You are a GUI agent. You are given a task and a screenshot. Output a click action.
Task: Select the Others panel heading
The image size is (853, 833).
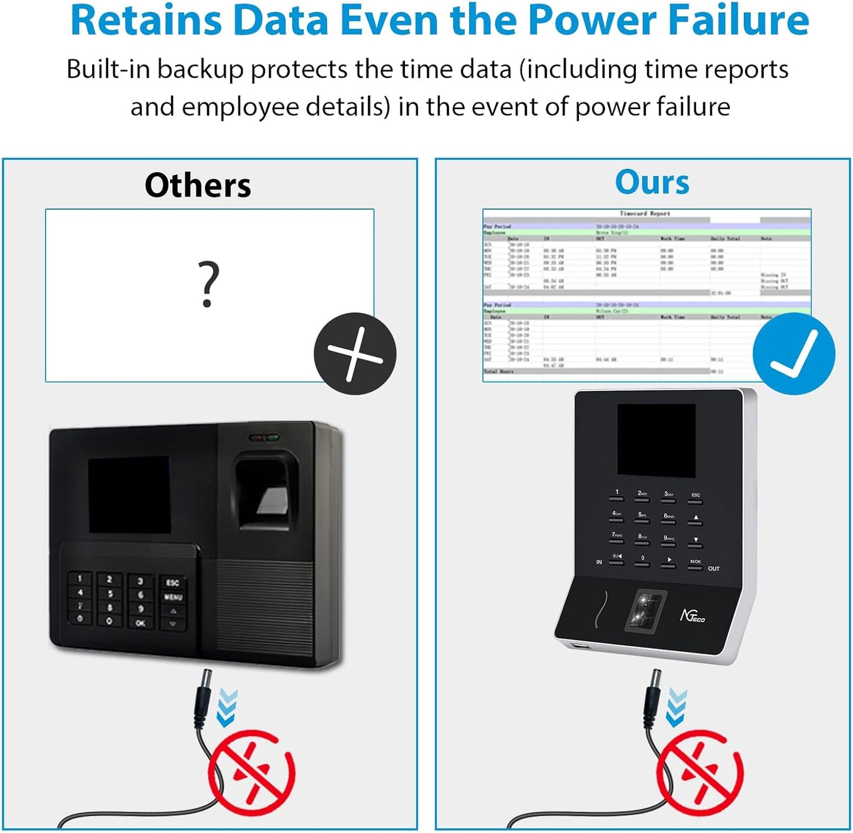tap(198, 185)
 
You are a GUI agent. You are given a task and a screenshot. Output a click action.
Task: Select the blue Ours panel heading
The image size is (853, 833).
tap(652, 182)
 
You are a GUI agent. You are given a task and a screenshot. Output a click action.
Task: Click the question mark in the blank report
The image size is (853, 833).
tap(207, 284)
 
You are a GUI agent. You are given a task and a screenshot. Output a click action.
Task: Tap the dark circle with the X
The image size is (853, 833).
tap(355, 353)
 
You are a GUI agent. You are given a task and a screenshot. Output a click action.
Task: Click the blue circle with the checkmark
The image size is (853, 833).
tap(793, 353)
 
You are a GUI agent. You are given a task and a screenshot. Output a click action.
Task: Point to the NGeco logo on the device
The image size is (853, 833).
tap(692, 616)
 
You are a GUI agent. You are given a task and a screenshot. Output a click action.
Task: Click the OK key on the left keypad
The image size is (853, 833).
tap(140, 623)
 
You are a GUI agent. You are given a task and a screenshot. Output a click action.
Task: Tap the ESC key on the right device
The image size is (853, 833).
tap(695, 497)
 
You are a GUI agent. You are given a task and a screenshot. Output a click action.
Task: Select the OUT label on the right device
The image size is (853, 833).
tap(713, 569)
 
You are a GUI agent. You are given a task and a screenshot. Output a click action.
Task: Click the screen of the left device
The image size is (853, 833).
tap(129, 494)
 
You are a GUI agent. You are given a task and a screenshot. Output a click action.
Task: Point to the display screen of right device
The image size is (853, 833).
tap(656, 440)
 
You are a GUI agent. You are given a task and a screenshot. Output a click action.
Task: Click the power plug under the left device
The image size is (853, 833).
tap(204, 699)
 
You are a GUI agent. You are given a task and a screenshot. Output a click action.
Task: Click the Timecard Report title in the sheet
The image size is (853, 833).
tap(645, 214)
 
